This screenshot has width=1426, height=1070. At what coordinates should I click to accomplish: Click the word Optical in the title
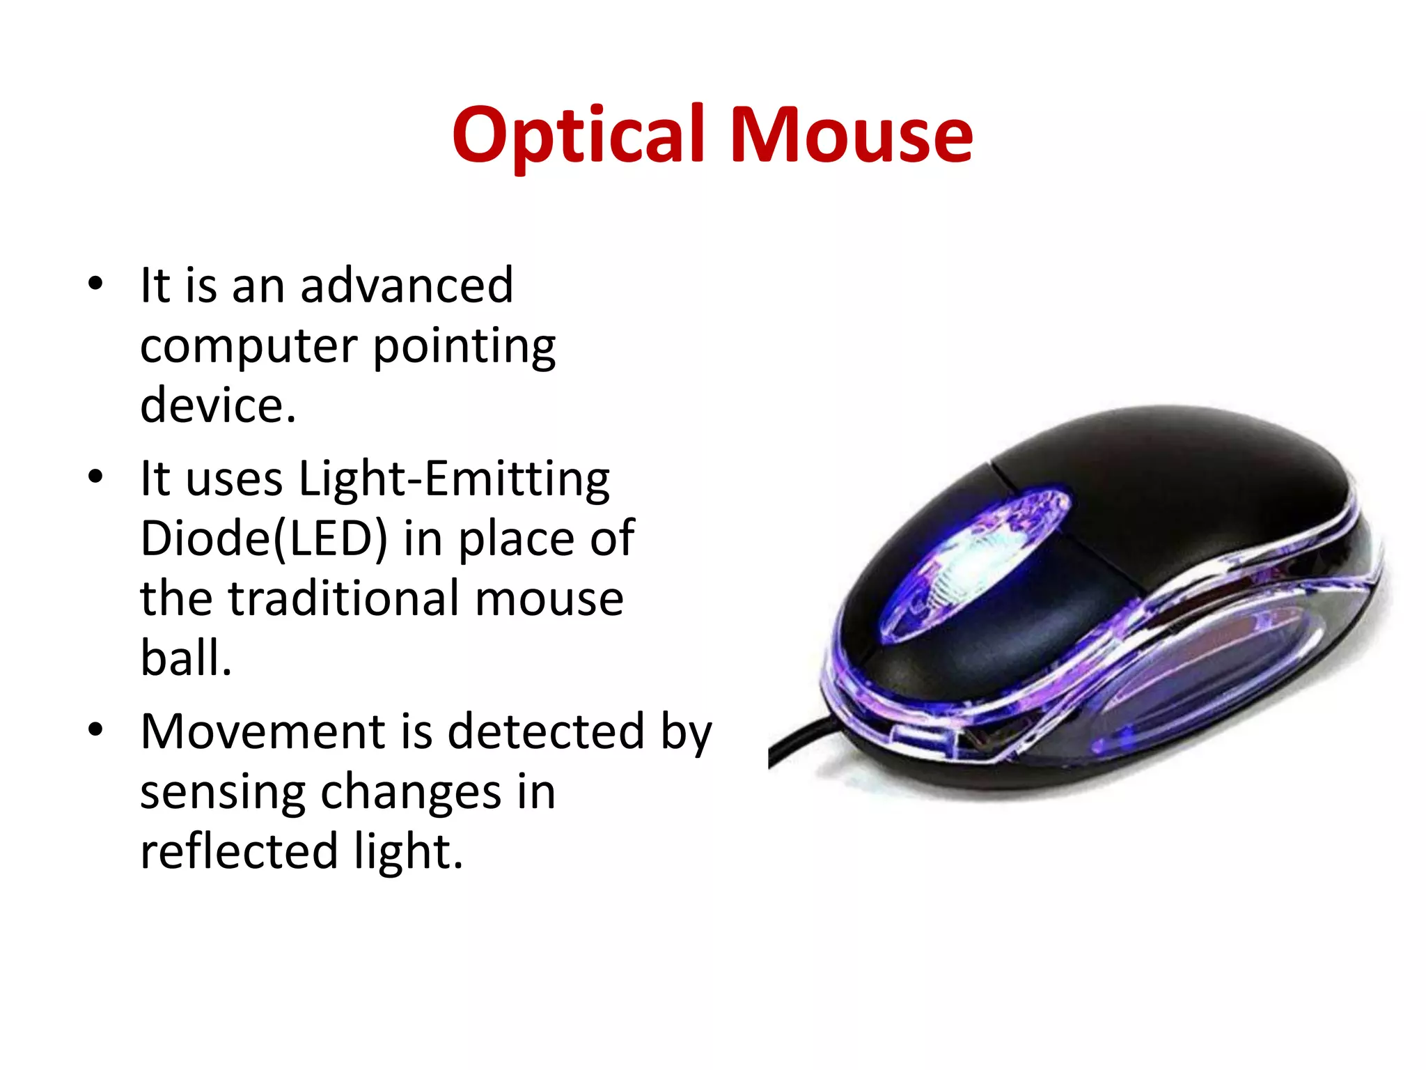(x=577, y=135)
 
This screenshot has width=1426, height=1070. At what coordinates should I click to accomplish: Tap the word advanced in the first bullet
(x=407, y=285)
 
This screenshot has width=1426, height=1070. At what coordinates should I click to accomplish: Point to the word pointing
(x=464, y=346)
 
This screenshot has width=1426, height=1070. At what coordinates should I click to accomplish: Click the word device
(x=217, y=405)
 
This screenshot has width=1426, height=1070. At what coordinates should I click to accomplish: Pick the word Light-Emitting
(x=454, y=479)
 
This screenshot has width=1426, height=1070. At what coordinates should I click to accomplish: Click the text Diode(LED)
(x=263, y=539)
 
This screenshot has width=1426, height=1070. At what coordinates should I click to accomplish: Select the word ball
(x=185, y=658)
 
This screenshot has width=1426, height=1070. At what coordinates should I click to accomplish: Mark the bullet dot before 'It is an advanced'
(x=95, y=284)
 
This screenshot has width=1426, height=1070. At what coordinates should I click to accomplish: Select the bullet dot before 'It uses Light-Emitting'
(x=95, y=478)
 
